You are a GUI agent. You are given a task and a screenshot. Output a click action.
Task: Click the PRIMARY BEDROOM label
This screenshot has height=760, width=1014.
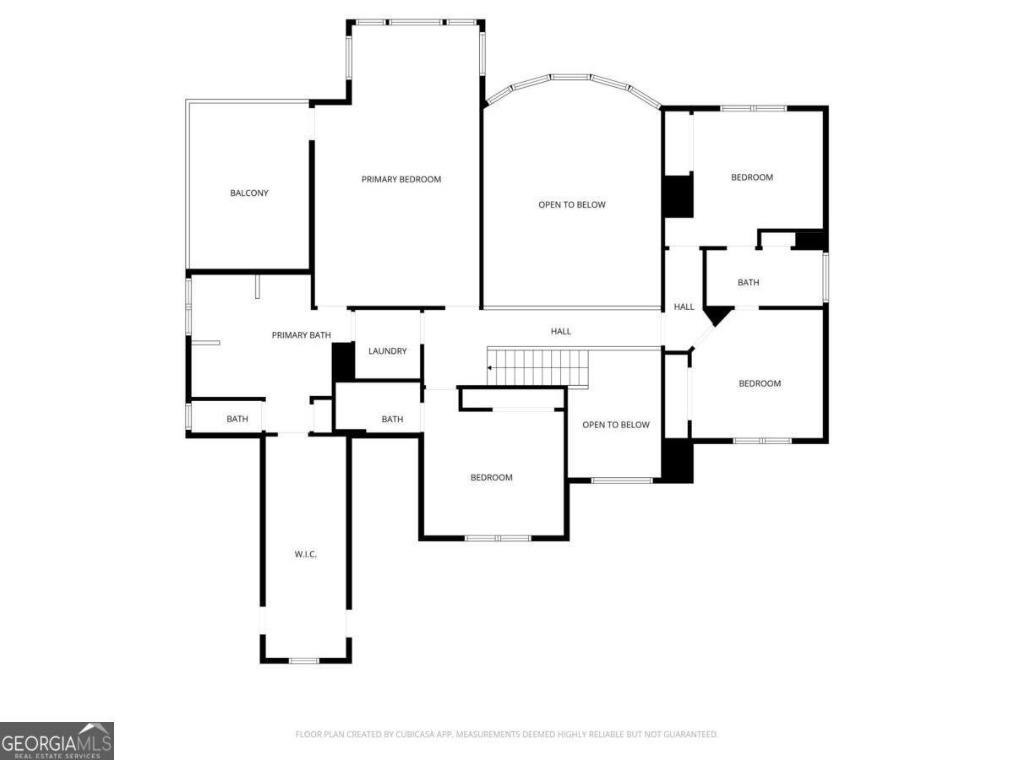coord(401,179)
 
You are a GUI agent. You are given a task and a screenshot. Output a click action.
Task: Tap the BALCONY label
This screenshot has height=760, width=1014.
coord(249,193)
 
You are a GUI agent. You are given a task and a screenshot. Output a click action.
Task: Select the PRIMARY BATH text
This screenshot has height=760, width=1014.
coord(301,335)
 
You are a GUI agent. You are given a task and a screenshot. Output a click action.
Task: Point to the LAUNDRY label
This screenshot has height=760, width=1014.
coord(388,351)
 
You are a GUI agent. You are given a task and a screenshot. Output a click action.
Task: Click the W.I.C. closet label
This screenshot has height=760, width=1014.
coord(306,554)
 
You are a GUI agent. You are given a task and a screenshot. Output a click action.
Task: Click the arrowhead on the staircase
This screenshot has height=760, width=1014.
coord(490,368)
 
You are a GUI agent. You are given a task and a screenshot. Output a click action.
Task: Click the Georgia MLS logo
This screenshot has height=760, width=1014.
coord(57,741)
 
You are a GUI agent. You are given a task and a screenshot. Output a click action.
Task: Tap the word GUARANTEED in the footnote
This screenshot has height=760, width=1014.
coord(690,735)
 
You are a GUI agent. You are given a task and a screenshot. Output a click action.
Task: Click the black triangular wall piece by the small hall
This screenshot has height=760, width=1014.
coord(717,316)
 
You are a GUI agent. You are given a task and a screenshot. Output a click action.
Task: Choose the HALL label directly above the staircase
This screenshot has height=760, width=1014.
coord(561,331)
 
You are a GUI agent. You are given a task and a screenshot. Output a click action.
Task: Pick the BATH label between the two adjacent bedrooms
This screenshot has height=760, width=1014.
coord(748,282)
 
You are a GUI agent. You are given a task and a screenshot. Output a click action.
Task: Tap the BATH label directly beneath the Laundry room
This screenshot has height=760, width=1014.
coord(392,419)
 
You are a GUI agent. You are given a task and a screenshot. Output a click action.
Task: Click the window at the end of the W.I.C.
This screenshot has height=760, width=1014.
coord(304,660)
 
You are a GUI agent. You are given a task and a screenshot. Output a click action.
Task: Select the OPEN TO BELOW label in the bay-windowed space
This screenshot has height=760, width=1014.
coord(572,204)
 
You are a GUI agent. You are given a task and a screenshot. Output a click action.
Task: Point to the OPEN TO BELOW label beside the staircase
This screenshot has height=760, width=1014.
coord(616,425)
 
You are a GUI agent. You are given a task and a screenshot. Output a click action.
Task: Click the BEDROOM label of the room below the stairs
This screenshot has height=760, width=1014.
coord(491,477)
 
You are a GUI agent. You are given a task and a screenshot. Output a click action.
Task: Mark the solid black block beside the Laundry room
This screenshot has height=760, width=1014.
coord(343,361)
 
